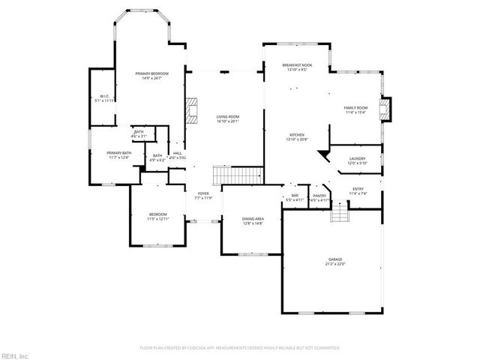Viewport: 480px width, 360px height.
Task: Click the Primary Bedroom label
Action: point(151,74)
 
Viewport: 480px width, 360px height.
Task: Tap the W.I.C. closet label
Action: point(106,97)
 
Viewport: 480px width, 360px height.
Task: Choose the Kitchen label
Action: point(297,136)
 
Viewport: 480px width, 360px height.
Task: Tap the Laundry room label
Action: point(357,160)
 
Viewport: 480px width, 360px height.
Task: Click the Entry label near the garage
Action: point(357,190)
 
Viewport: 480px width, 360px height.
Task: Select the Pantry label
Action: point(319,197)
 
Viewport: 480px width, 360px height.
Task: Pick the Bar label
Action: point(295,197)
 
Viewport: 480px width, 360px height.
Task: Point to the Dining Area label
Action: point(252,220)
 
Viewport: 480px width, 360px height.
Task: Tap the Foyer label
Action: point(203,196)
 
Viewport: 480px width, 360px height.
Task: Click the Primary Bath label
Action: point(118,154)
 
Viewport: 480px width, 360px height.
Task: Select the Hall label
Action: point(177,154)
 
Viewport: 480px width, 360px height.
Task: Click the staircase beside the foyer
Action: point(238,175)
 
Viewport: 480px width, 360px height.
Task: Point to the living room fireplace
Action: point(190,111)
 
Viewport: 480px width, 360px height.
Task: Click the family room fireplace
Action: point(386,110)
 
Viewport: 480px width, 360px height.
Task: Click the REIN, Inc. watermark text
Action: point(14,355)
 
